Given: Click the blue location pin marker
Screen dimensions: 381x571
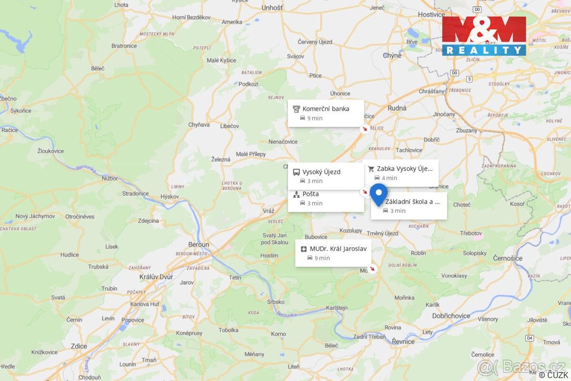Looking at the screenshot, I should (379, 193).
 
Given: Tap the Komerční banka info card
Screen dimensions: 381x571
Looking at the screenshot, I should (325, 113).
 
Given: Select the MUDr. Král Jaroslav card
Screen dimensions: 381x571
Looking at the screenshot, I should (333, 253).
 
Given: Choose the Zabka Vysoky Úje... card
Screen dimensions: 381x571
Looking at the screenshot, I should (402, 173).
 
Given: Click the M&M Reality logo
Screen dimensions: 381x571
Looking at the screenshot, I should (484, 36).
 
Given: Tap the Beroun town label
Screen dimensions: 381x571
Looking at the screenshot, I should (198, 244).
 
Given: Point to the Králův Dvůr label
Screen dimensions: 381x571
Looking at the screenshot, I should (156, 277).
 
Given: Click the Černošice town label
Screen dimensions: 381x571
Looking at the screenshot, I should (508, 258).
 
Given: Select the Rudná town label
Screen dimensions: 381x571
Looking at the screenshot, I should (397, 108).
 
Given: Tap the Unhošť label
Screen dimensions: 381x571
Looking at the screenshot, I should (272, 8).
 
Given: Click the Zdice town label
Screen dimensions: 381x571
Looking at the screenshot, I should (79, 346).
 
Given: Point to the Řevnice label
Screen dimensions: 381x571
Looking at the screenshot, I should (403, 341).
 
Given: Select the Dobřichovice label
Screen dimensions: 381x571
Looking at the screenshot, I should (451, 316).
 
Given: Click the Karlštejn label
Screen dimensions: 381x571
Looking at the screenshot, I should (336, 308).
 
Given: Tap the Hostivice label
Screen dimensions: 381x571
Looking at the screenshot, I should (431, 14).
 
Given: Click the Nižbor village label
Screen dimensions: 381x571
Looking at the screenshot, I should (109, 178).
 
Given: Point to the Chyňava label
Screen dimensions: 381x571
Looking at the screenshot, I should (199, 125).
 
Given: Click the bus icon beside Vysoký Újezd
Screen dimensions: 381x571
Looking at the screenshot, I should (296, 172).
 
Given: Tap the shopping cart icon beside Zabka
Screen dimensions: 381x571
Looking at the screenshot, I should (371, 169).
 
